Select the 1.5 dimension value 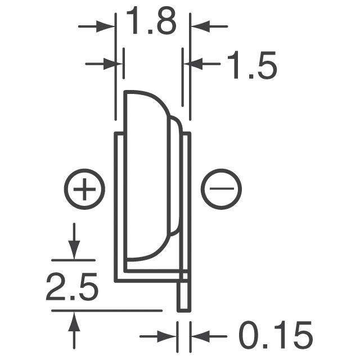(x=252, y=66)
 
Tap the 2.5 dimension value (x=73, y=289)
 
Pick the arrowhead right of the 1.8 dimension (x=198, y=26)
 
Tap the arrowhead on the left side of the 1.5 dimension (x=116, y=64)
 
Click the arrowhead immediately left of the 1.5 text (x=194, y=64)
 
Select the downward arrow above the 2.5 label (x=74, y=248)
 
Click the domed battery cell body (x=146, y=174)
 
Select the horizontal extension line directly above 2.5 (x=73, y=261)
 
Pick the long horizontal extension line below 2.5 (x=107, y=310)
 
